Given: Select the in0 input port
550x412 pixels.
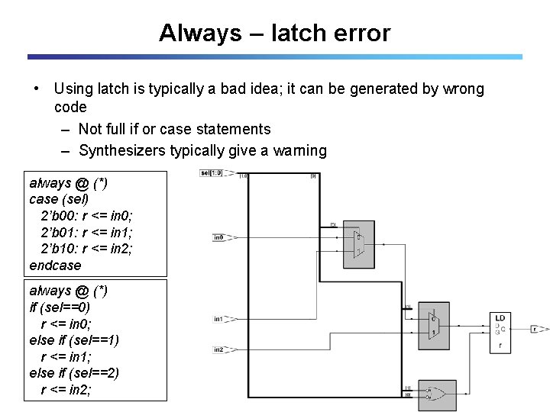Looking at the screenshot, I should click(219, 237).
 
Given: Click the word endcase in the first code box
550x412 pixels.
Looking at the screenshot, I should click(54, 266).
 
